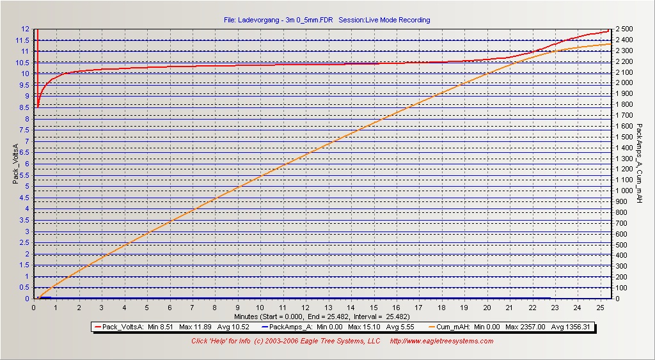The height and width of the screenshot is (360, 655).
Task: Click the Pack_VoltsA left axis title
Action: click(16, 163)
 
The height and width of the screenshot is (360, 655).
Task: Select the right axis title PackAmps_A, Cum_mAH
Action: click(639, 163)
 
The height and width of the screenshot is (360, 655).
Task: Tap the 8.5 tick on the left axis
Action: click(25, 107)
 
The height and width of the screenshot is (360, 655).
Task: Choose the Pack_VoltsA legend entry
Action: click(172, 327)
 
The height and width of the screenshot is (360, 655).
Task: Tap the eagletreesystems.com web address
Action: click(441, 341)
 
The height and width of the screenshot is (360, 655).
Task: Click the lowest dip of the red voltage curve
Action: click(38, 107)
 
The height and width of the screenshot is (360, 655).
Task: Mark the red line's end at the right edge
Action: click(608, 31)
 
